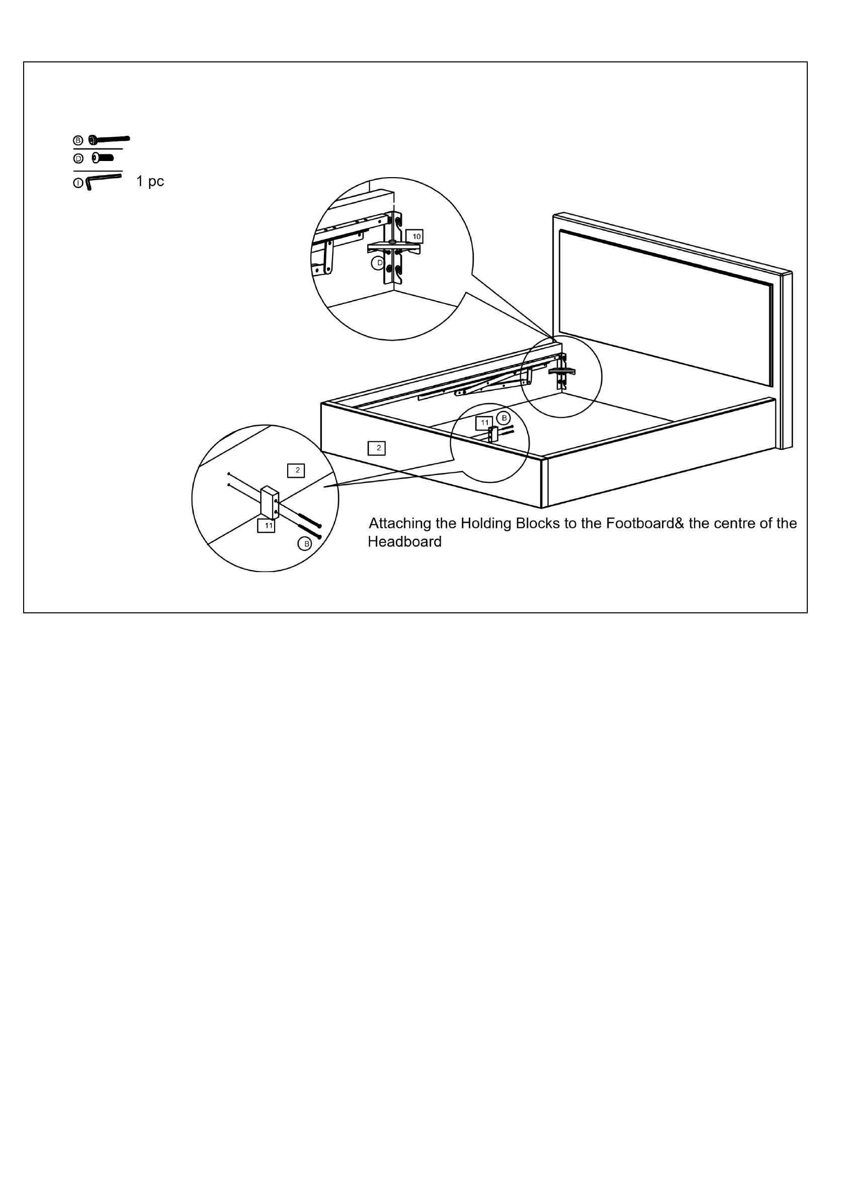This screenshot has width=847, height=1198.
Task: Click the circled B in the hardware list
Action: coord(78,140)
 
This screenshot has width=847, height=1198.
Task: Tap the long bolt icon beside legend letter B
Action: coord(109,139)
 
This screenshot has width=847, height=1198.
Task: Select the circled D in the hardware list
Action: coord(78,158)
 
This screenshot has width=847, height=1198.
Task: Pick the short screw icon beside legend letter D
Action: coord(103,157)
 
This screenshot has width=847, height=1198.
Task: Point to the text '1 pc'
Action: coord(150,182)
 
